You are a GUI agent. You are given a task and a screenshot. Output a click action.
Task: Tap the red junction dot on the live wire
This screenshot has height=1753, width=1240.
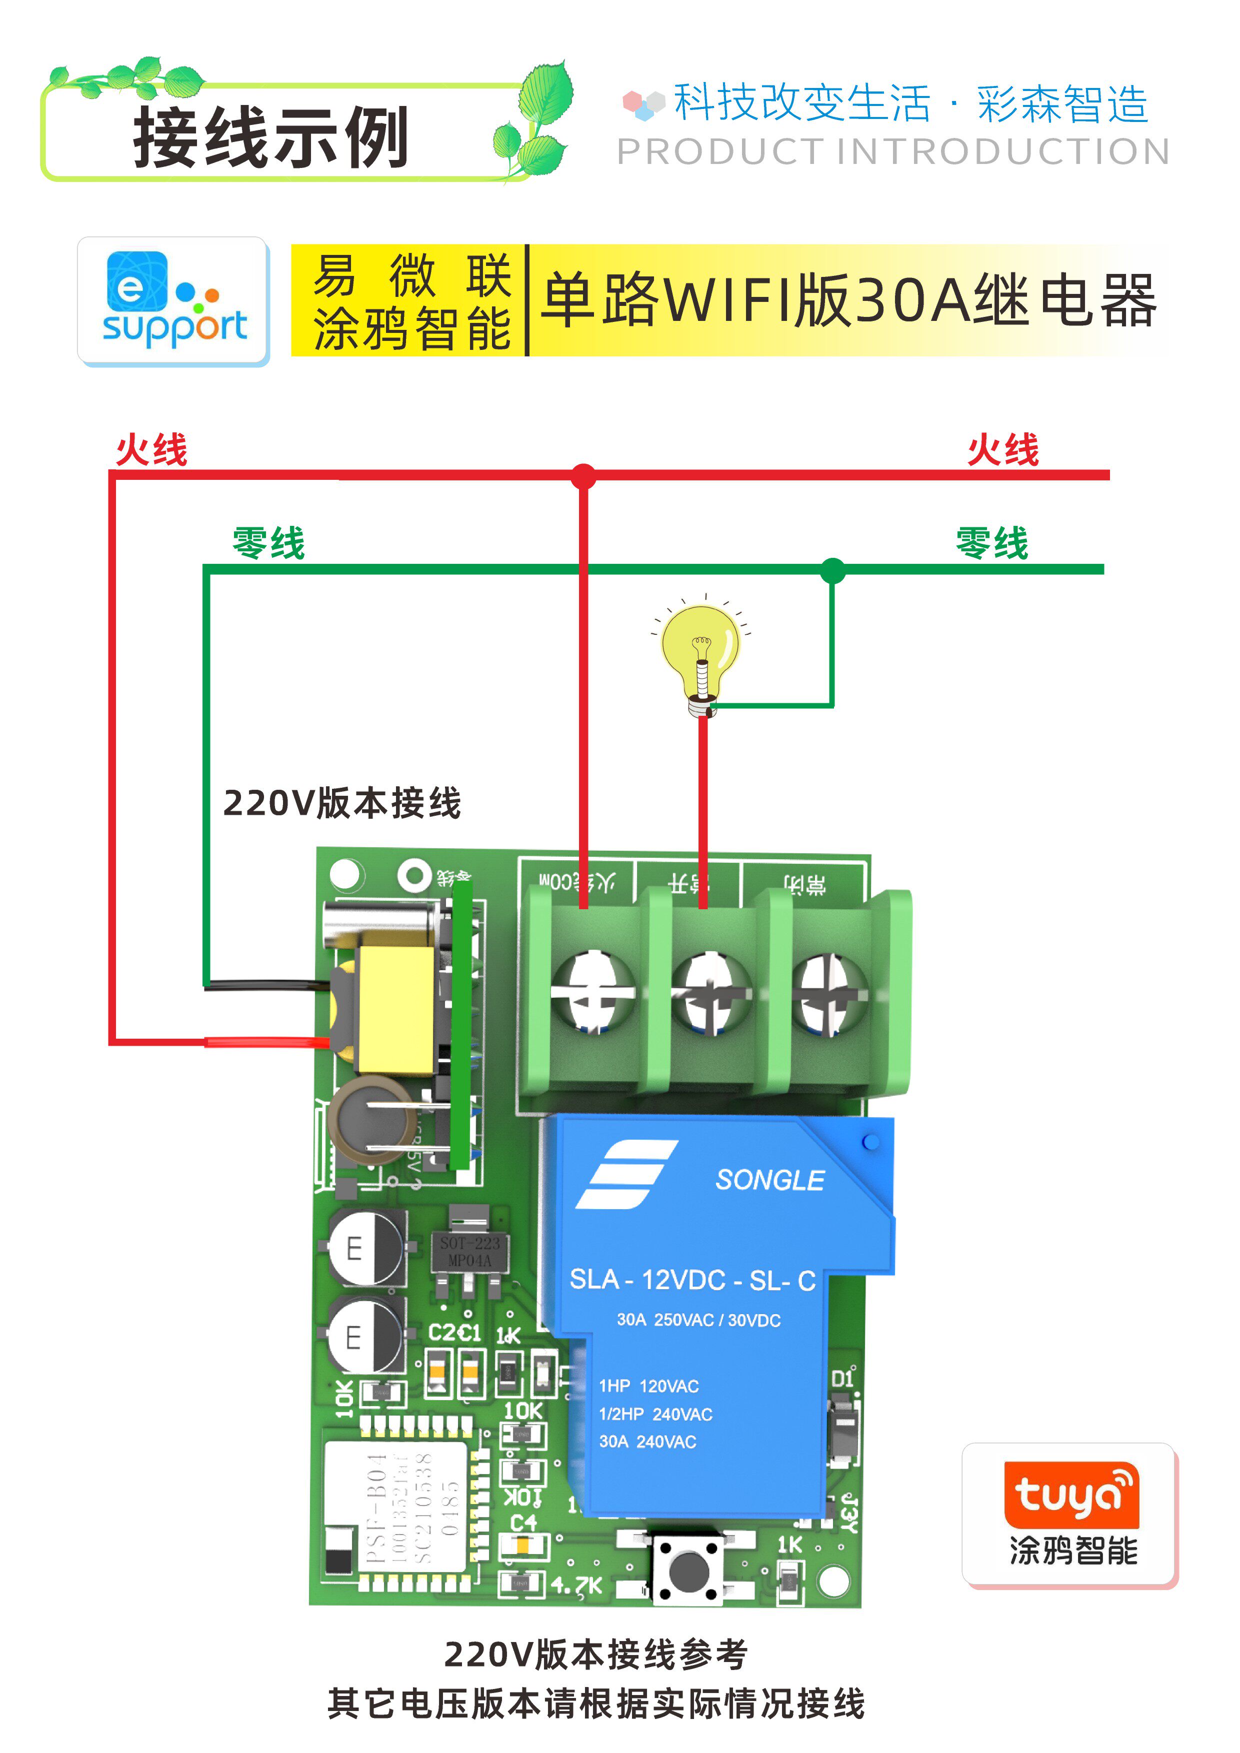click(583, 476)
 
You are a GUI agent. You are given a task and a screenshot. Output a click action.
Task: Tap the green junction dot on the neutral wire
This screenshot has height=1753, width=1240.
click(832, 569)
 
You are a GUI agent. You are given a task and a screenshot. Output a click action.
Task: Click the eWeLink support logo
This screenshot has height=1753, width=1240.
click(173, 301)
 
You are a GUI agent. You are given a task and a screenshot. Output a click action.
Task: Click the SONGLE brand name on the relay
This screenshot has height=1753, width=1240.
click(769, 1180)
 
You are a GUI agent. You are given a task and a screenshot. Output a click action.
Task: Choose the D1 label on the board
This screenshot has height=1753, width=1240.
click(842, 1378)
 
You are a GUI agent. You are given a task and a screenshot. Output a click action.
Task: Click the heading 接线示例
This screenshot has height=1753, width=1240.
click(271, 138)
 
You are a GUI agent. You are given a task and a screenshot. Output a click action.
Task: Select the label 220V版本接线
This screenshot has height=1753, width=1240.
click(342, 803)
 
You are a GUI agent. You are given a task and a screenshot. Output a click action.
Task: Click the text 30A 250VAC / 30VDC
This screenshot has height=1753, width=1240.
click(698, 1320)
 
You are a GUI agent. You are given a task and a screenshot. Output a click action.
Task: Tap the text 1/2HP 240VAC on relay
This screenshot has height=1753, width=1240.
click(655, 1414)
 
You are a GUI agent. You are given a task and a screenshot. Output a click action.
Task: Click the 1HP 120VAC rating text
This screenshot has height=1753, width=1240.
click(648, 1386)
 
